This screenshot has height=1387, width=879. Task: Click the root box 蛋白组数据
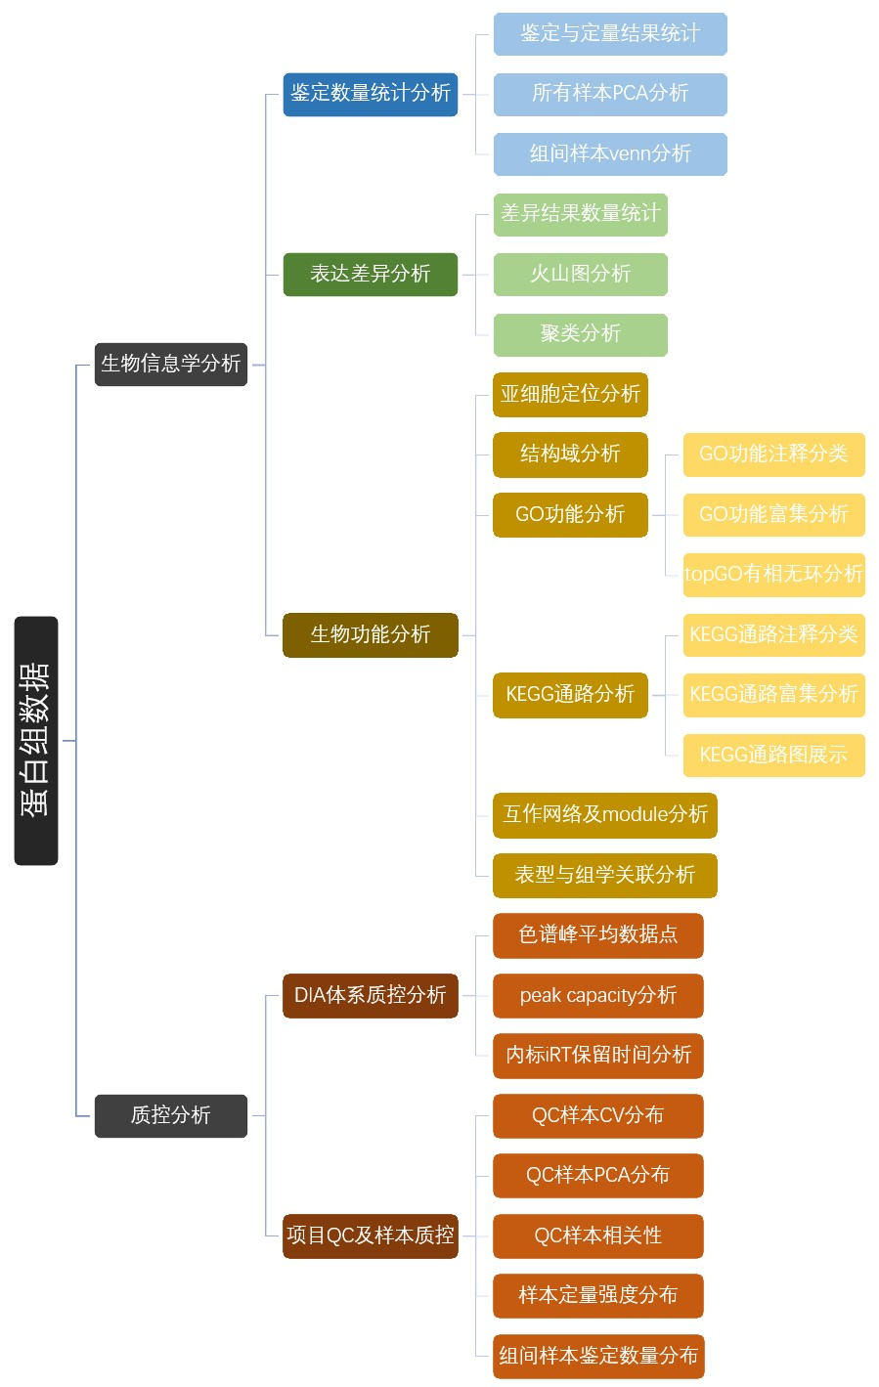click(36, 740)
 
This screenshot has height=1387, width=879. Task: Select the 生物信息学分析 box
click(171, 364)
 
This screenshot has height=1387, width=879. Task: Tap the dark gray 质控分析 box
click(171, 1115)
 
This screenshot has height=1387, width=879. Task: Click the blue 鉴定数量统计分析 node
click(371, 94)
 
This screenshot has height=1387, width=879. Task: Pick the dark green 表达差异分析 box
click(371, 274)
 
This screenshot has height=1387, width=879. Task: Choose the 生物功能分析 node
click(371, 634)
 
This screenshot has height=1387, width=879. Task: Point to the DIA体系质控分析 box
click(371, 995)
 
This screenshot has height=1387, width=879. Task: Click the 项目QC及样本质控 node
click(371, 1235)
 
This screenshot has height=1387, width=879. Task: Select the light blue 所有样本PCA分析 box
click(610, 94)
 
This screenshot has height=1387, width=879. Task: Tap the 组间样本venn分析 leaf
click(610, 153)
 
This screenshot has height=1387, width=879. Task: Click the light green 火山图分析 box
click(581, 274)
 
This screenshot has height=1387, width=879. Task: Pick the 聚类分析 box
click(581, 334)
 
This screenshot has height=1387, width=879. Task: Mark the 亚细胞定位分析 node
click(571, 394)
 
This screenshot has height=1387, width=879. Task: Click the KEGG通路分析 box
click(571, 694)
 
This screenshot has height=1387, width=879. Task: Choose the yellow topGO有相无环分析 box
click(773, 574)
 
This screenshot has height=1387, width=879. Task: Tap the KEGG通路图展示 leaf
click(773, 755)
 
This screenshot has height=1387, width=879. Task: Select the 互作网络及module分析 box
click(605, 814)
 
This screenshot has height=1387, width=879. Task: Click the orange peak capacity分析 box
click(598, 995)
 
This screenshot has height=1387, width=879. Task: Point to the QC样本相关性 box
click(598, 1235)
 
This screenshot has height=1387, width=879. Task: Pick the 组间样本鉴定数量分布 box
click(598, 1356)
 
